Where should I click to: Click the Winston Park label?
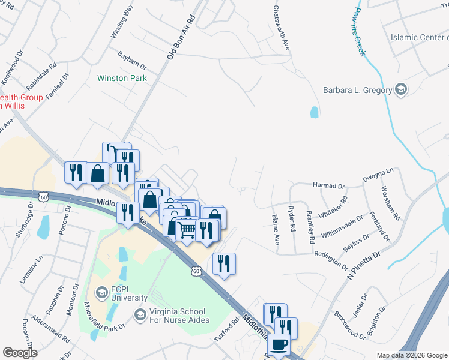point(122,78)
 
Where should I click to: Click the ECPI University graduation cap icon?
point(100,292)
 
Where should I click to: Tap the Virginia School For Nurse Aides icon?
point(140,314)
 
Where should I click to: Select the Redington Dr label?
point(331,259)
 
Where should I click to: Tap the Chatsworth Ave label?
point(282,28)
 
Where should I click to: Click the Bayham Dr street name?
point(132,59)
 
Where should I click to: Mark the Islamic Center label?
point(419,37)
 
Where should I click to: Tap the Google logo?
point(20,352)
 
